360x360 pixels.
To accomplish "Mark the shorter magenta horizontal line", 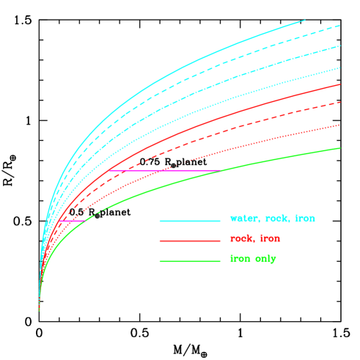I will tap(72, 221).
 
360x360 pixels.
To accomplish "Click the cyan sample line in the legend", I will tap(189, 221).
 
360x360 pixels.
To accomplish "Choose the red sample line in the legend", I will tap(189, 240).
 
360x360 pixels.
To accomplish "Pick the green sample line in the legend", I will tap(189, 261).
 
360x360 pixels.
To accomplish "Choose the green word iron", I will tap(240, 259).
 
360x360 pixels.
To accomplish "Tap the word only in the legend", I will tap(265, 259).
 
